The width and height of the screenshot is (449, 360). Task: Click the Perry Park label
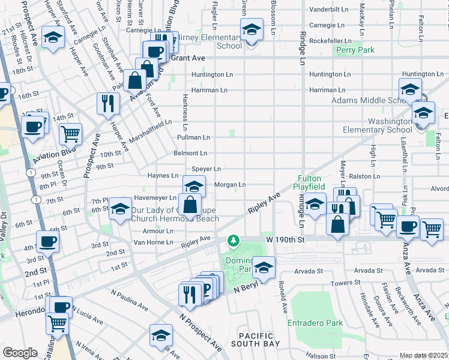pyautogui.click(x=355, y=50)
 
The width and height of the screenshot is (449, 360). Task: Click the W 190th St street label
pyautogui.click(x=286, y=239)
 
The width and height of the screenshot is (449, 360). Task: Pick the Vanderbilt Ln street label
pyautogui.click(x=328, y=10)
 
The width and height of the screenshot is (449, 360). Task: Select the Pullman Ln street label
pyautogui.click(x=193, y=137)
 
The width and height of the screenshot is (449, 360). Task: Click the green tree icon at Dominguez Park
pyautogui.click(x=233, y=241)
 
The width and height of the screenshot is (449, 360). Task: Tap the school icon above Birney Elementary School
pyautogui.click(x=252, y=28)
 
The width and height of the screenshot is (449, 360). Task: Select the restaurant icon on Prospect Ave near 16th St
pyautogui.click(x=108, y=103)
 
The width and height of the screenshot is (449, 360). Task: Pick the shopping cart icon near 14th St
pyautogui.click(x=71, y=133)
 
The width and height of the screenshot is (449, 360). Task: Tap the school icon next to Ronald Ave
pyautogui.click(x=263, y=266)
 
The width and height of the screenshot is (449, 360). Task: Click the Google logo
pyautogui.click(x=20, y=353)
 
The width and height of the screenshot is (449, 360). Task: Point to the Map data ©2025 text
pyautogui.click(x=423, y=356)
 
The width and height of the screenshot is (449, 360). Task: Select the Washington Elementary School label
pyautogui.click(x=378, y=125)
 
